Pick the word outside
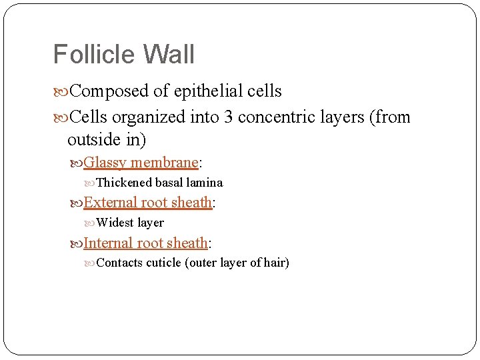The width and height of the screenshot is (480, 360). tap(93, 141)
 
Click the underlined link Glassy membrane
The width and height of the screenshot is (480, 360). tap(141, 163)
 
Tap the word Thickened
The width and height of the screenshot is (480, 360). tap(125, 183)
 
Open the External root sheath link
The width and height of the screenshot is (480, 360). tap(148, 203)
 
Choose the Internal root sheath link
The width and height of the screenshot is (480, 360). tap(146, 243)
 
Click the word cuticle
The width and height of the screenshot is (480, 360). tap(164, 263)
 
